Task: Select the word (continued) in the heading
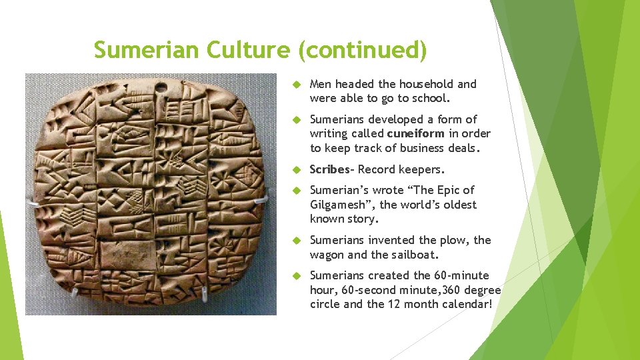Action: click(363, 50)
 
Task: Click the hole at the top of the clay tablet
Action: click(160, 87)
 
